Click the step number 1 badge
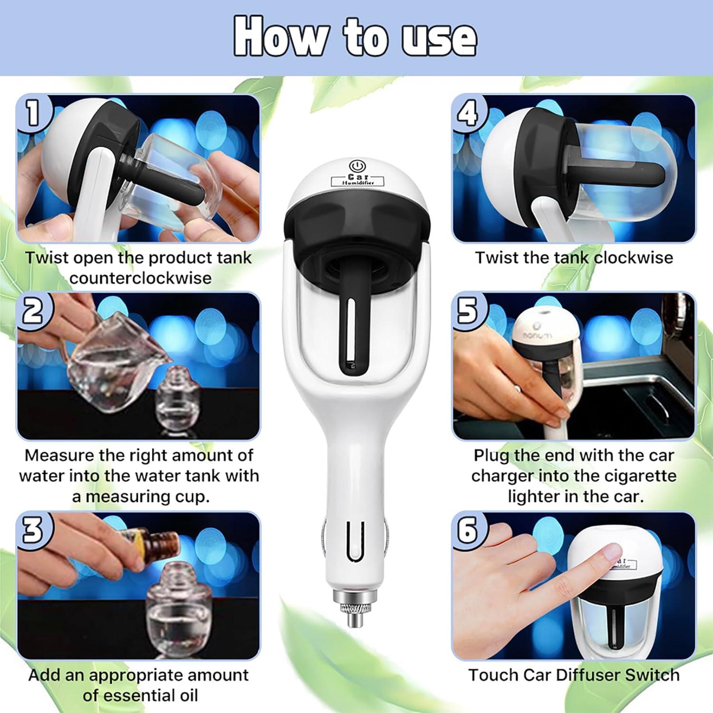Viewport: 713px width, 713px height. coord(32,113)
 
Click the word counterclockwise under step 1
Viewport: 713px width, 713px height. coord(141,278)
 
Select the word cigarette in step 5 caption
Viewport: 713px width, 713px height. coord(630,476)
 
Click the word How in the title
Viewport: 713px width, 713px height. coord(280,37)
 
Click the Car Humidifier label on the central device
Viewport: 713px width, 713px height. coord(359,180)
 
